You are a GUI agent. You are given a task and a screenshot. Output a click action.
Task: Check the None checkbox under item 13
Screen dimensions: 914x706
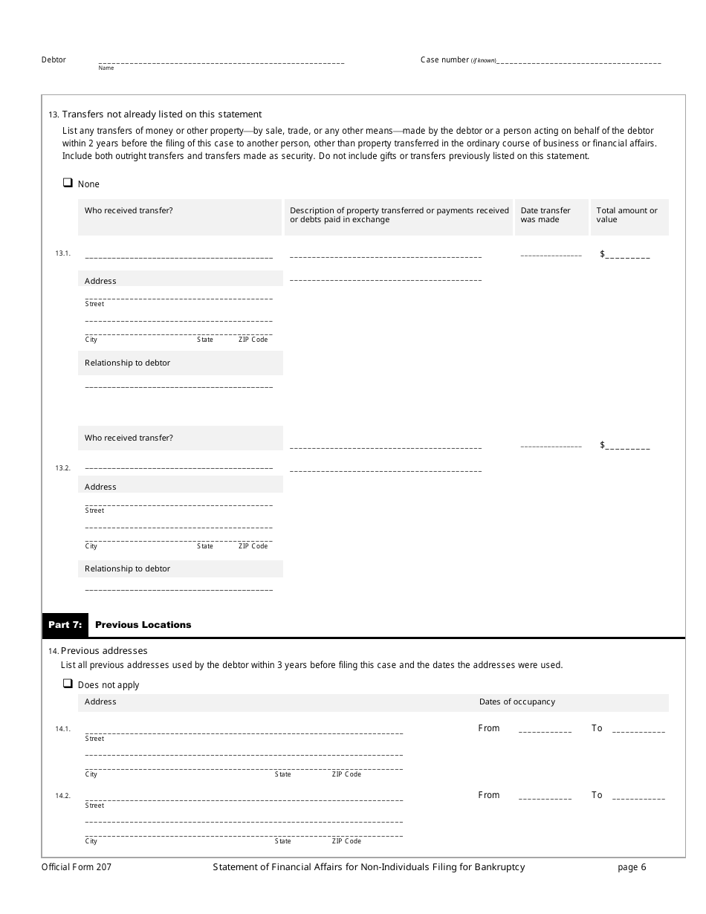point(68,183)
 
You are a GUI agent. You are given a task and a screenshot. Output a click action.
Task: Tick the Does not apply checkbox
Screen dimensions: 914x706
point(68,684)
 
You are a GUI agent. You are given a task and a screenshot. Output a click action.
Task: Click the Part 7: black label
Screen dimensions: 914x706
point(65,625)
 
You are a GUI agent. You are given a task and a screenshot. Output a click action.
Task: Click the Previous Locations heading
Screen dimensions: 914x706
point(143,625)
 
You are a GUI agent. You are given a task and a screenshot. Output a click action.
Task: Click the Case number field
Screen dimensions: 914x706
point(578,61)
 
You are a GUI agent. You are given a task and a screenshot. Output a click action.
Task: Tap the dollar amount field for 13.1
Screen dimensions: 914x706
point(627,255)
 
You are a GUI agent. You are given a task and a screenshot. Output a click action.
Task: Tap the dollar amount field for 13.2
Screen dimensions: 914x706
point(627,446)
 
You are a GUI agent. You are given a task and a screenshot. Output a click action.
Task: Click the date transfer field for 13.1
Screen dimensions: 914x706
point(551,255)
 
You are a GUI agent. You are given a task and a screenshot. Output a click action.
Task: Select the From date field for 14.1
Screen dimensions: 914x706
point(545,730)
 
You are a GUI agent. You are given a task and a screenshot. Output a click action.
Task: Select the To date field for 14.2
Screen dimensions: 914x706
point(638,797)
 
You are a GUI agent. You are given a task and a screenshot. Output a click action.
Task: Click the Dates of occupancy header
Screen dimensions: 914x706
point(516,702)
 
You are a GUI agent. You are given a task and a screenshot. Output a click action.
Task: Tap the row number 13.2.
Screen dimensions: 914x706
point(62,468)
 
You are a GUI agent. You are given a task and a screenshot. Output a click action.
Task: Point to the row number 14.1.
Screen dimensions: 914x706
point(62,729)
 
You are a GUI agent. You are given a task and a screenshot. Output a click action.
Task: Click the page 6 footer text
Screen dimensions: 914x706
point(632,867)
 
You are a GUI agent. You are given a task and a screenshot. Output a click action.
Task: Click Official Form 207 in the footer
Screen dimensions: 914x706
point(77,867)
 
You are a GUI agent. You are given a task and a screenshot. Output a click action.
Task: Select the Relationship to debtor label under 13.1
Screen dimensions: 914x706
point(127,363)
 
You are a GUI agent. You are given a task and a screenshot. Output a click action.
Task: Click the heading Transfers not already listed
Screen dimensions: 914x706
point(161,114)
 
